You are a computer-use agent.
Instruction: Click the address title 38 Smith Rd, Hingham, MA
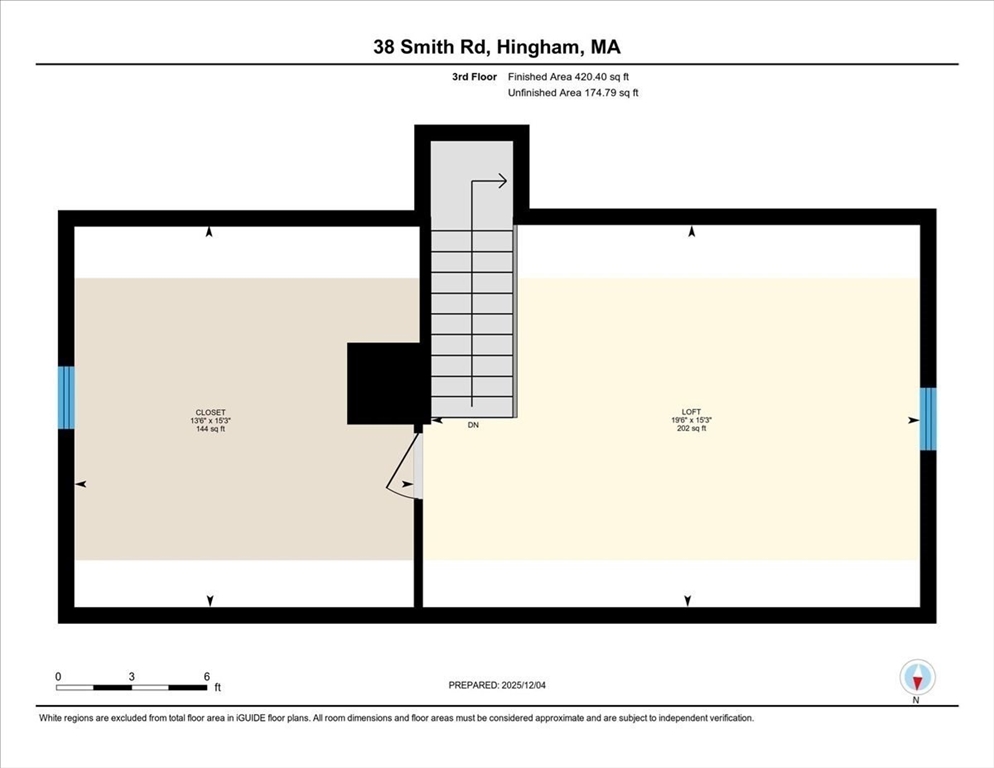click(x=497, y=47)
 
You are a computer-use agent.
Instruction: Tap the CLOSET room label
click(x=210, y=412)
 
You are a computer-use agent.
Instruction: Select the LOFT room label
click(x=690, y=412)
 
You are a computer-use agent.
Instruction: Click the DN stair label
click(x=473, y=425)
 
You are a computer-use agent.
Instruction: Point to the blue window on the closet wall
click(x=66, y=397)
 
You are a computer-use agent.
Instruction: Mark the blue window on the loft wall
click(x=928, y=418)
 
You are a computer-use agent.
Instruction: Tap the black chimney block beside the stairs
click(x=382, y=384)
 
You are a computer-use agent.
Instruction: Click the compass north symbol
click(x=917, y=679)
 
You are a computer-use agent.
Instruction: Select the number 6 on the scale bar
click(x=206, y=676)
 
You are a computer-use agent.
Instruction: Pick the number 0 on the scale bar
click(x=58, y=676)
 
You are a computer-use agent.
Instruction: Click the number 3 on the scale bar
click(x=132, y=676)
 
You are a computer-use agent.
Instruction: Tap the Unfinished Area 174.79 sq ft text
click(x=573, y=93)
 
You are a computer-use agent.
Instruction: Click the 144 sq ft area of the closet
click(x=210, y=429)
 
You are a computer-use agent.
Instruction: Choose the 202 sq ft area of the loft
click(x=690, y=429)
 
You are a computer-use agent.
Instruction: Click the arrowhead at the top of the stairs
click(x=503, y=181)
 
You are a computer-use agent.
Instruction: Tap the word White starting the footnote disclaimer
click(x=52, y=718)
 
